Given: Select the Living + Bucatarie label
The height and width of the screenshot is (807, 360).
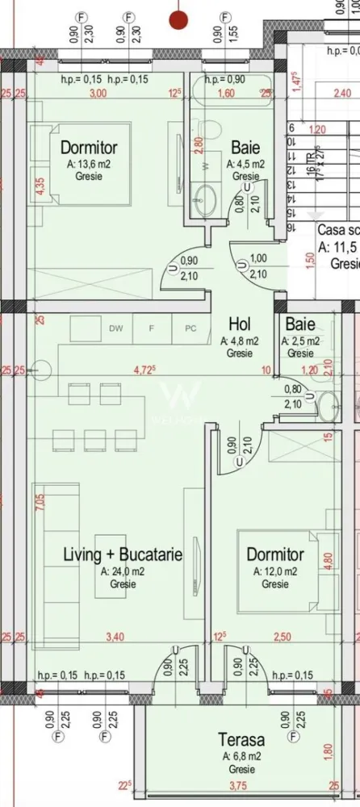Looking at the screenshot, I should [x=123, y=555].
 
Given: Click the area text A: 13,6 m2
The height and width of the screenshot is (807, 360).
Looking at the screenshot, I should [x=90, y=163].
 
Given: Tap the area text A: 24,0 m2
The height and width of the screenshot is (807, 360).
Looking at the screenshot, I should [x=123, y=571].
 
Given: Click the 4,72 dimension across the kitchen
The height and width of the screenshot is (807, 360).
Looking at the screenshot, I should [x=144, y=371].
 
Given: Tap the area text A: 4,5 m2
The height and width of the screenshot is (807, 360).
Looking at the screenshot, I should [x=246, y=163].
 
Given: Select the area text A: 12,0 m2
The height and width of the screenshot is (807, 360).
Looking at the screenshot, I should [x=274, y=571].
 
